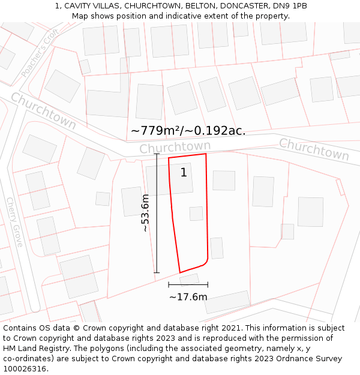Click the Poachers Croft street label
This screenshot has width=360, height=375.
(40, 53)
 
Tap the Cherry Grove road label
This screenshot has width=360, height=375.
(14, 222)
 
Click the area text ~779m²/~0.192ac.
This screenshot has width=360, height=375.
(188, 130)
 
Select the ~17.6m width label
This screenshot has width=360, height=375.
(188, 297)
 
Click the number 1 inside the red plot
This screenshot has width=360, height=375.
(184, 173)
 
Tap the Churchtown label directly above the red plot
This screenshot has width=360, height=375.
(175, 146)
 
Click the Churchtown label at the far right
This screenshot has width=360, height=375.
(314, 149)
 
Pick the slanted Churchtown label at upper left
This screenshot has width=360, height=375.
(43, 110)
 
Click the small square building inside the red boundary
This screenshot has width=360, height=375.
(196, 214)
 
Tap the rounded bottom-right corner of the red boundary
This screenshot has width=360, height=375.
(206, 261)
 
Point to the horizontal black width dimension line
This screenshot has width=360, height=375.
(188, 284)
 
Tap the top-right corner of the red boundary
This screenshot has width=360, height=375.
(206, 154)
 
